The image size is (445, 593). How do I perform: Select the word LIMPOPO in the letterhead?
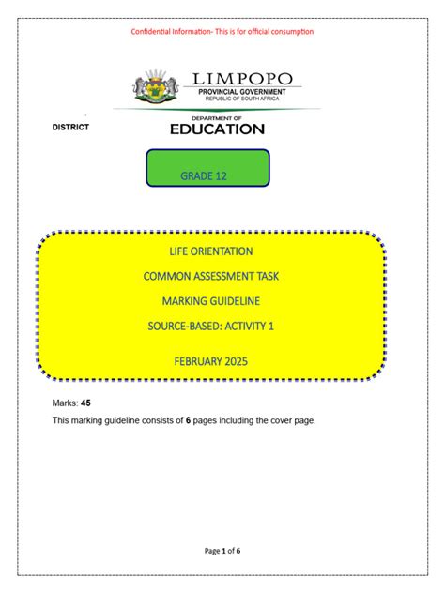242,78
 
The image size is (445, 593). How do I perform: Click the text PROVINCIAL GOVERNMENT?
242,91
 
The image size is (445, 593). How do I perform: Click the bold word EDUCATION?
217,129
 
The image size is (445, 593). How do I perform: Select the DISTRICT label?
70,128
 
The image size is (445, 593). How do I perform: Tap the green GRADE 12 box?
208,168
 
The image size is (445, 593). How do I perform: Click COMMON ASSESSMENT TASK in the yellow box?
211,276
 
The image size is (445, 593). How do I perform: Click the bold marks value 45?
86,402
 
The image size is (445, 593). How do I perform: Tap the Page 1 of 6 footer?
222,551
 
